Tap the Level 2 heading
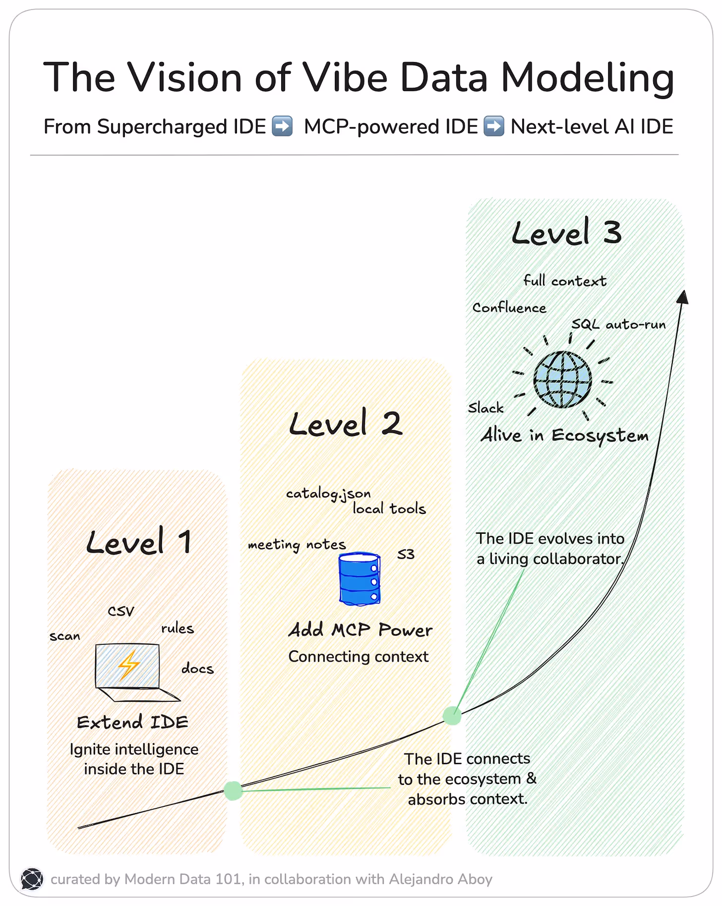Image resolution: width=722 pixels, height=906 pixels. (x=345, y=424)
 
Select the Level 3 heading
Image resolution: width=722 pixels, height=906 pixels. (x=566, y=232)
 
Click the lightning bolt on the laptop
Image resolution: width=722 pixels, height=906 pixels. (x=128, y=665)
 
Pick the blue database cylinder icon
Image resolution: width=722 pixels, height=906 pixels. (x=360, y=579)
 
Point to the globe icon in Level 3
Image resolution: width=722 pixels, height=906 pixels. (x=562, y=380)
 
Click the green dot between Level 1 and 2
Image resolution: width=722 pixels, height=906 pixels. (x=233, y=791)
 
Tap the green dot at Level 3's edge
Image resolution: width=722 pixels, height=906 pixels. (x=452, y=716)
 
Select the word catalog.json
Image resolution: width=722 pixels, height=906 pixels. (x=328, y=494)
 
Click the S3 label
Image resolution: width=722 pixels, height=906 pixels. (x=406, y=554)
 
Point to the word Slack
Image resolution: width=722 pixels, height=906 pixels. (x=485, y=408)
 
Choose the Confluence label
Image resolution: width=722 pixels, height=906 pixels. (x=509, y=308)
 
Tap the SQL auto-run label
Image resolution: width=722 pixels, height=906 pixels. (x=618, y=325)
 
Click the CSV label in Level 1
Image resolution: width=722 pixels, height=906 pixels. (x=121, y=611)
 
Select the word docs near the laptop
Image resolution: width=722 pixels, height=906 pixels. (x=197, y=669)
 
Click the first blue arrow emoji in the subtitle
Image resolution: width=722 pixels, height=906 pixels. (x=283, y=126)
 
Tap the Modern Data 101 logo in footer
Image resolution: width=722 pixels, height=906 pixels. (x=32, y=879)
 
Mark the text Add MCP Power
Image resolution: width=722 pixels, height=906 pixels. (x=361, y=630)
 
